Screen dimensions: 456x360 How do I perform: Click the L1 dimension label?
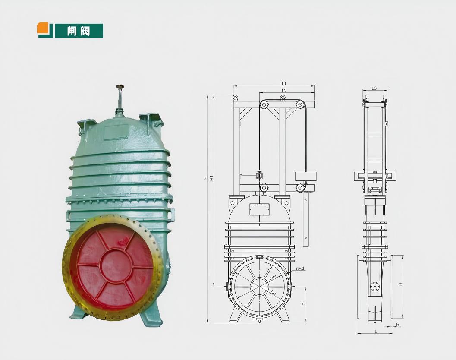pyautogui.click(x=284, y=84)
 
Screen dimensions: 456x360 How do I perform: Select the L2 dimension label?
pyautogui.click(x=284, y=91)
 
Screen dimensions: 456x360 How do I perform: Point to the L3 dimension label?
pyautogui.click(x=374, y=88)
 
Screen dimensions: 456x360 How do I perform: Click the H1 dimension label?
pyautogui.click(x=212, y=177)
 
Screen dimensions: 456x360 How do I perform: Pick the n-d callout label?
pyautogui.click(x=300, y=268)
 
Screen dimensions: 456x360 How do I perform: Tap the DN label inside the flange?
pyautogui.click(x=273, y=278)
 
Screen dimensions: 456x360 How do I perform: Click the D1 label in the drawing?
pyautogui.click(x=274, y=293)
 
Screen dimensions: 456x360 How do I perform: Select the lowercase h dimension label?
pyautogui.click(x=303, y=304)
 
